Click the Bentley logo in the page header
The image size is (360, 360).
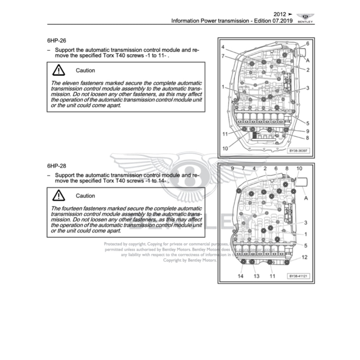click(x=305, y=18)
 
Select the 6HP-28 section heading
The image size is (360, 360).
click(x=56, y=166)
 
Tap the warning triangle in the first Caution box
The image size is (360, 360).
click(x=58, y=70)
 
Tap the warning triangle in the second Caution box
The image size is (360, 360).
click(x=58, y=195)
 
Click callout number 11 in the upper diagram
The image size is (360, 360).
click(x=225, y=134)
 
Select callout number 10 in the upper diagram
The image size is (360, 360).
click(x=225, y=149)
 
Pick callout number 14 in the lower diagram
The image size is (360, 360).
click(x=240, y=276)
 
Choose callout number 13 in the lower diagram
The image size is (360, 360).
click(x=256, y=276)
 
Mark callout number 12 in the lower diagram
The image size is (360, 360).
click(x=304, y=257)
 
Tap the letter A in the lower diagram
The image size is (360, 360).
click(x=306, y=198)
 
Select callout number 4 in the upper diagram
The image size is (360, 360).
click(x=223, y=47)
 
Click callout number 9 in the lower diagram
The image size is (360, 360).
click(x=232, y=169)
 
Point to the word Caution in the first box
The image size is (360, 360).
click(x=85, y=70)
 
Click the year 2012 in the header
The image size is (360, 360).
click(x=280, y=14)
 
